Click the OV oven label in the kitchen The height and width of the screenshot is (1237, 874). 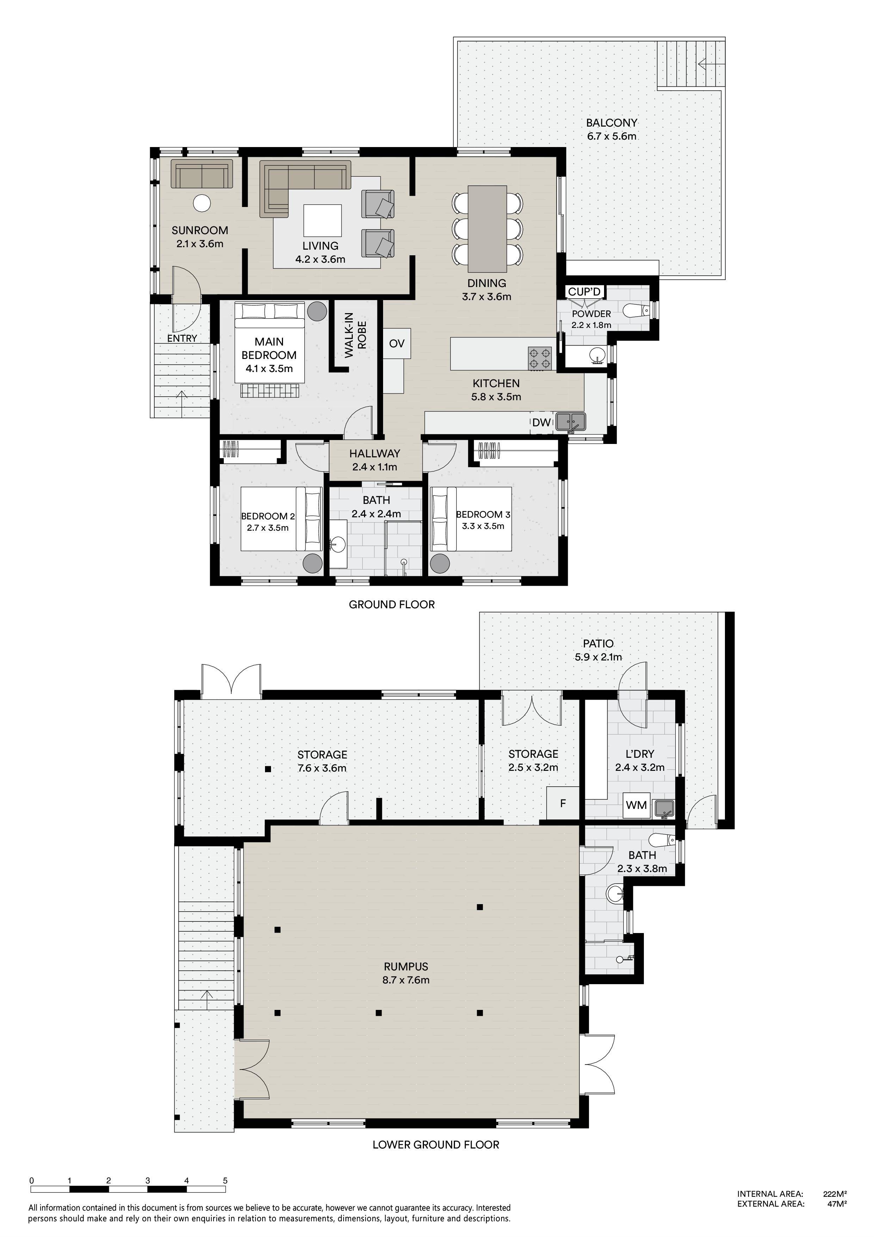click(397, 344)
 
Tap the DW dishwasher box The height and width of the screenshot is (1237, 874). click(542, 423)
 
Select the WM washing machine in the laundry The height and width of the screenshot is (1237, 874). click(636, 805)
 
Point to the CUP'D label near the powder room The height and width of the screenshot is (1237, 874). click(584, 292)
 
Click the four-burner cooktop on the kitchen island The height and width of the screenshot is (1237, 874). click(541, 358)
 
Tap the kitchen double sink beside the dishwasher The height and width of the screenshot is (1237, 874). click(570, 421)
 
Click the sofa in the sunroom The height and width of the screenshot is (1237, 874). click(202, 173)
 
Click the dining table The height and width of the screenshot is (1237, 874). click(487, 228)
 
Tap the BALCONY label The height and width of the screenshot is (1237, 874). click(612, 123)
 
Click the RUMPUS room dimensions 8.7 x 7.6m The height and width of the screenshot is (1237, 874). click(406, 980)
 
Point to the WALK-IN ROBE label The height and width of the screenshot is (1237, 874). click(356, 335)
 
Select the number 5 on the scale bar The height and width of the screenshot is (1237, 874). click(225, 1181)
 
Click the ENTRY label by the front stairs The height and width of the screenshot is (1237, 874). click(182, 339)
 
